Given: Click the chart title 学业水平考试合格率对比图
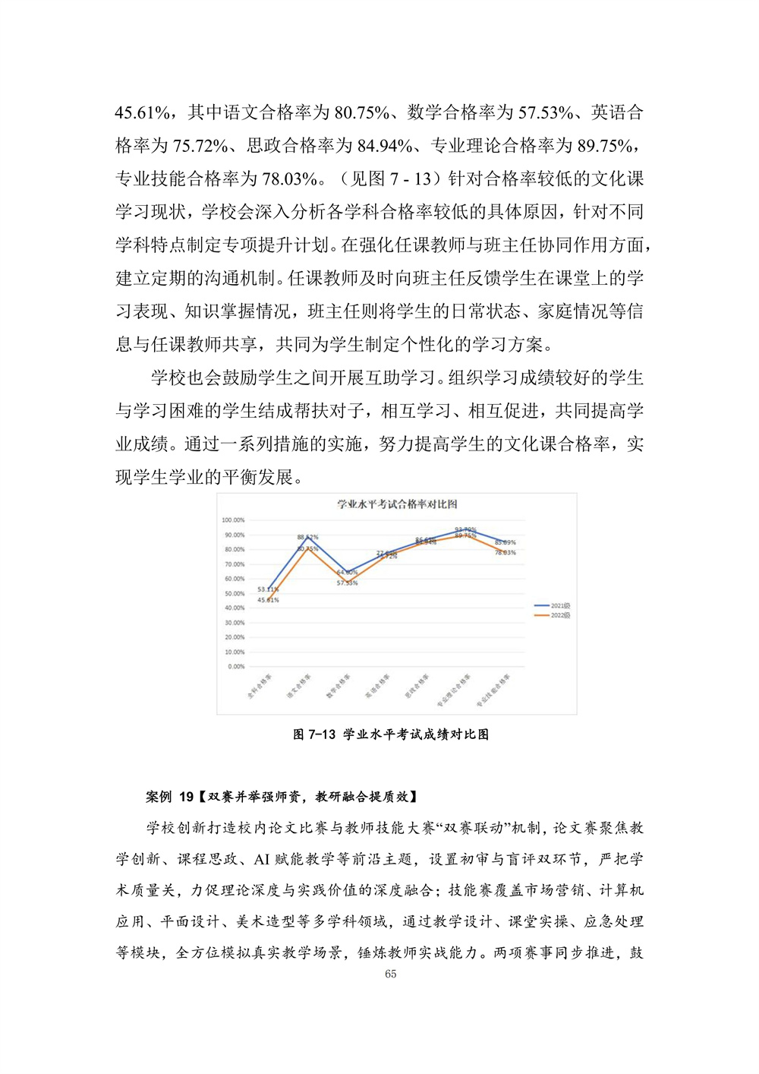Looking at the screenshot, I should (397, 504).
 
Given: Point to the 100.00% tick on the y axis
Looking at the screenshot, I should (233, 520).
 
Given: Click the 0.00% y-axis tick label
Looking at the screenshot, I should (236, 667).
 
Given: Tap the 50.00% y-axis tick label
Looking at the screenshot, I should (235, 594).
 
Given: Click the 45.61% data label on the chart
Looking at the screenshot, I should (268, 600).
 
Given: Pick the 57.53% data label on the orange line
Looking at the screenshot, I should (347, 583).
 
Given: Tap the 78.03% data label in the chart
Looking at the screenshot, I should (505, 552).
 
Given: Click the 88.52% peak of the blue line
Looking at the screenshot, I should (307, 538).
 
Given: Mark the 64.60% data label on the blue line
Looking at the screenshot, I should (347, 572).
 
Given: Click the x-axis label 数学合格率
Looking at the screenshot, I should (339, 686).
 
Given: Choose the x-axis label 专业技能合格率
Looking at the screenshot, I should (493, 690).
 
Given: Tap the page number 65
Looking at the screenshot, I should (391, 974).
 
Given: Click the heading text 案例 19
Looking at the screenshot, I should (169, 797).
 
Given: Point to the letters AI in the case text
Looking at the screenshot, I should (262, 859).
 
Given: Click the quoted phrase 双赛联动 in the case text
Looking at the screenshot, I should (472, 828).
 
